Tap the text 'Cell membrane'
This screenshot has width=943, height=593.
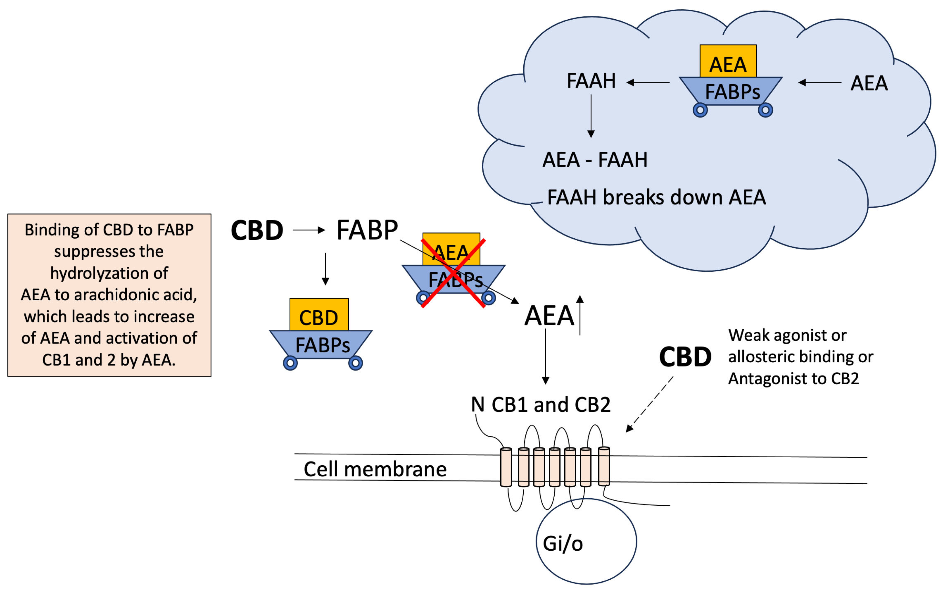pos(375,469)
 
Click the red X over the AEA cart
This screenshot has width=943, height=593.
pos(453,273)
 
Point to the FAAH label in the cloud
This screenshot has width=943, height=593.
pos(591,81)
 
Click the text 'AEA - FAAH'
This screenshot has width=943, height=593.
pos(594,160)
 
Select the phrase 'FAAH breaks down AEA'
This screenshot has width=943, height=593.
pos(656,197)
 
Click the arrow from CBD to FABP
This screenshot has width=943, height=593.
pos(309,230)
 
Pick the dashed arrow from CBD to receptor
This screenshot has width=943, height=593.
pos(650,404)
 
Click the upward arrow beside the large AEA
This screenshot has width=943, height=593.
pos(580,315)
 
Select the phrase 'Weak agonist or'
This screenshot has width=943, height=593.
pos(787,336)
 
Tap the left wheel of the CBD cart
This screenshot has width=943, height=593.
pos(290,363)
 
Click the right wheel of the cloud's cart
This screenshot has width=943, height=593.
pos(765,110)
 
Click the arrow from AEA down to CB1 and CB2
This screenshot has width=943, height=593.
pos(546,356)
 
